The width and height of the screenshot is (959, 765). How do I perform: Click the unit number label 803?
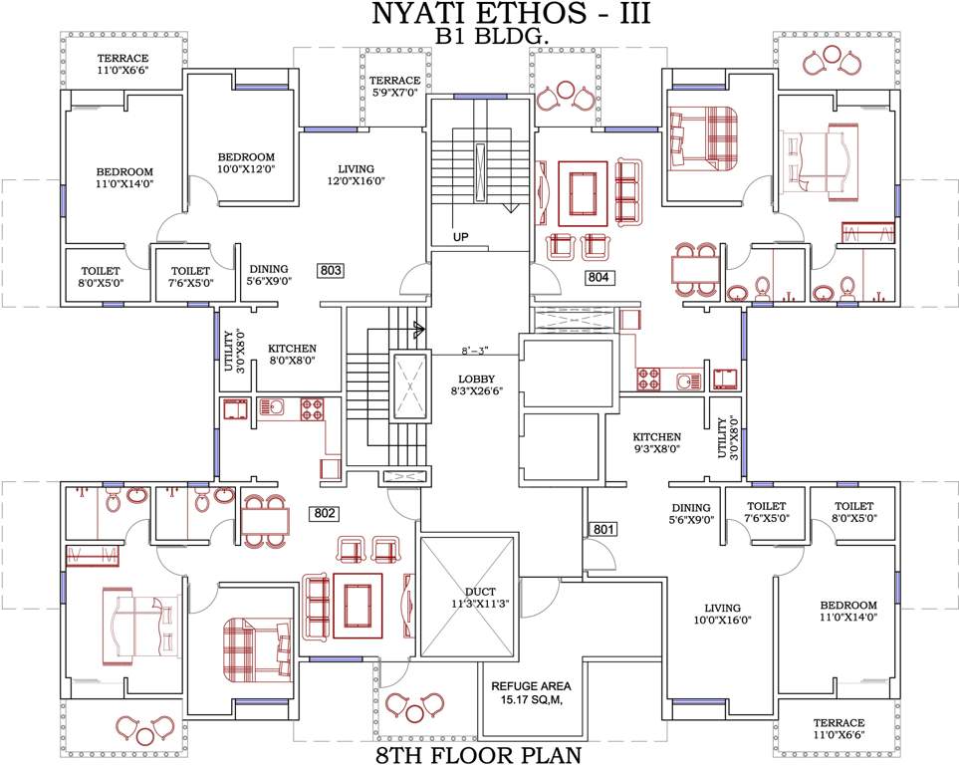pyautogui.click(x=331, y=270)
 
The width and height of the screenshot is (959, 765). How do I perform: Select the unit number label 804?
pyautogui.click(x=598, y=277)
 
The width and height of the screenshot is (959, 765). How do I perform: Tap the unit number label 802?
pyautogui.click(x=325, y=514)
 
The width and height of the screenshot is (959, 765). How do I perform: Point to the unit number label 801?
pyautogui.click(x=604, y=529)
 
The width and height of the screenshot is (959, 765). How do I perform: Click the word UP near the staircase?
pyautogui.click(x=460, y=237)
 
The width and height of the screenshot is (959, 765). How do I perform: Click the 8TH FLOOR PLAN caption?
pyautogui.click(x=479, y=753)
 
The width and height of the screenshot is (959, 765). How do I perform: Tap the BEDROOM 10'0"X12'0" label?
pyautogui.click(x=246, y=164)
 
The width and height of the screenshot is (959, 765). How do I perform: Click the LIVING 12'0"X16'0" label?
pyautogui.click(x=360, y=175)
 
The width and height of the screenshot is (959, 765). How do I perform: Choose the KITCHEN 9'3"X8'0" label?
pyautogui.click(x=657, y=443)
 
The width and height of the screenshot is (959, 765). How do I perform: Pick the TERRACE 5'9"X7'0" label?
pyautogui.click(x=394, y=87)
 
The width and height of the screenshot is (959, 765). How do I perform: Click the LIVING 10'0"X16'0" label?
pyautogui.click(x=722, y=614)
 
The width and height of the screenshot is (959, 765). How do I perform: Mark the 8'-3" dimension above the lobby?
pyautogui.click(x=477, y=351)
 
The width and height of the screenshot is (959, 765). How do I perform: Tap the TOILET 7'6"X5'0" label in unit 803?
pyautogui.click(x=190, y=277)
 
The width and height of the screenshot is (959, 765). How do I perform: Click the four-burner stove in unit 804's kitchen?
pyautogui.click(x=648, y=380)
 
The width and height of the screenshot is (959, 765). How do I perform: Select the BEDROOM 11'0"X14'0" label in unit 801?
pyautogui.click(x=848, y=612)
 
